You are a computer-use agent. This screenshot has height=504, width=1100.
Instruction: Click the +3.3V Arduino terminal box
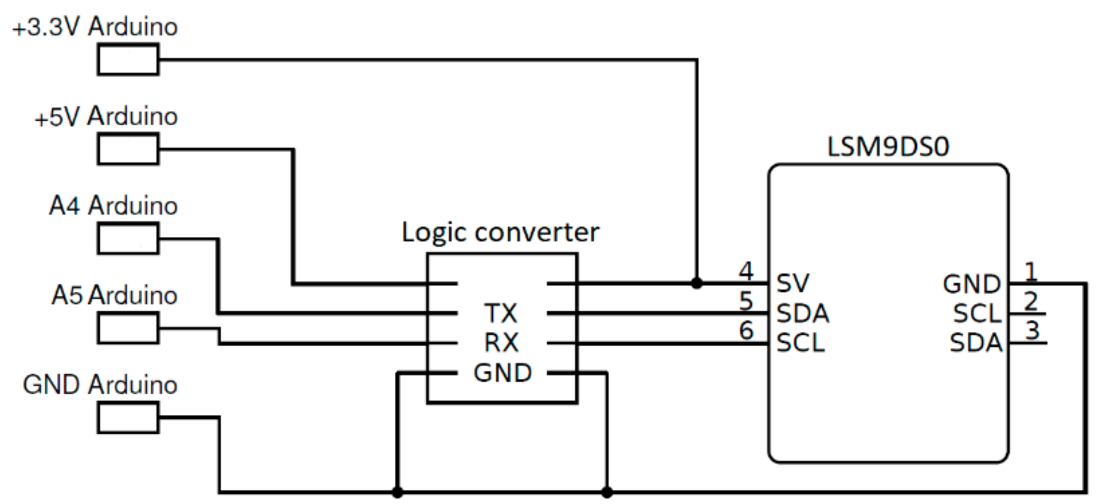click(128, 59)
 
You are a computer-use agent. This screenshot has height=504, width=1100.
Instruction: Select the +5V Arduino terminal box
click(128, 149)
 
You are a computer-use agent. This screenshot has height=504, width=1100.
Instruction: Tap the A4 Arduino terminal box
click(128, 239)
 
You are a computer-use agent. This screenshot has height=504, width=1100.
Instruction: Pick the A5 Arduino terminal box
click(128, 328)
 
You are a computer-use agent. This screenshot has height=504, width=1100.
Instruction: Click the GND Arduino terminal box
click(128, 418)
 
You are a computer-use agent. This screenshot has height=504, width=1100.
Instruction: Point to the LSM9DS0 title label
click(888, 147)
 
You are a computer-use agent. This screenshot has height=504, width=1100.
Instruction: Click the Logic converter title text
click(500, 232)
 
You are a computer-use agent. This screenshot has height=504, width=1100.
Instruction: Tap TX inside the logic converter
click(501, 313)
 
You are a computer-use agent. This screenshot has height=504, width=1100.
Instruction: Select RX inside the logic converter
click(502, 343)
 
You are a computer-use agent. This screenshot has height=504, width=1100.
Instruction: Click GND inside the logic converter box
click(503, 373)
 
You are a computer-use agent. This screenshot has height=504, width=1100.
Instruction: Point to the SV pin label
click(792, 283)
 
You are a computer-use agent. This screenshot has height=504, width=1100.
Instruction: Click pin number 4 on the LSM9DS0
click(746, 271)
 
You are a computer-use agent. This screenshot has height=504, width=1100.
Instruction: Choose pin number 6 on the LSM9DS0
click(746, 330)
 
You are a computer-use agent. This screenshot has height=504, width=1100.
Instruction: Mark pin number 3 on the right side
click(1033, 331)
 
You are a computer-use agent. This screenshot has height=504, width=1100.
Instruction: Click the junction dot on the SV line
click(697, 283)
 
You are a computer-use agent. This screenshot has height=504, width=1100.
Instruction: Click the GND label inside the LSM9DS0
click(972, 284)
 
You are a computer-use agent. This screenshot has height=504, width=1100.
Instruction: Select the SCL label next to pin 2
click(977, 313)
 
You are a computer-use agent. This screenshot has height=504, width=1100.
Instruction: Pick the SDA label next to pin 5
click(803, 313)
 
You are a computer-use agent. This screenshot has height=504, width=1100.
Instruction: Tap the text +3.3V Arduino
click(95, 27)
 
